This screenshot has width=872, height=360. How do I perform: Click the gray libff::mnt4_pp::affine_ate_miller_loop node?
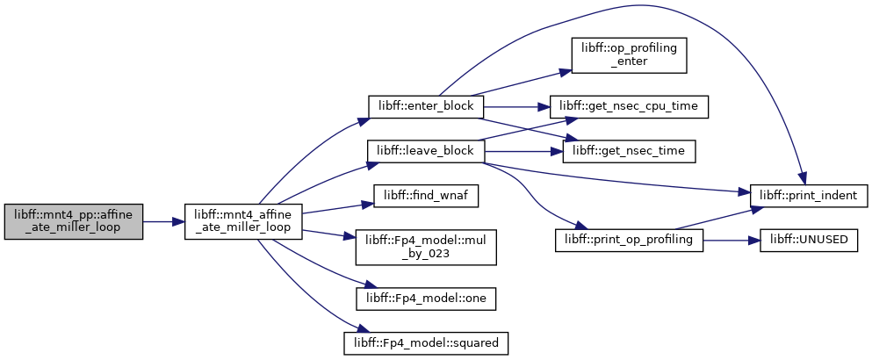tap(74, 221)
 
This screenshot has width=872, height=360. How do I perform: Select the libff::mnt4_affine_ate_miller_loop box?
tap(243, 221)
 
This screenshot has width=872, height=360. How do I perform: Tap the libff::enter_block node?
tap(426, 106)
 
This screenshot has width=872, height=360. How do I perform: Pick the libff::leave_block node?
tap(426, 151)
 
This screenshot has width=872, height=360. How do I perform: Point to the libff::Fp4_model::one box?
tap(426, 299)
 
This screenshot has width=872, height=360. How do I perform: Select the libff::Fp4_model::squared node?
tap(426, 343)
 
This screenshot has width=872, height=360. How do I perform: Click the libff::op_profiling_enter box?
tap(629, 55)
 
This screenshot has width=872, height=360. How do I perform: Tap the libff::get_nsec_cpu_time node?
tap(629, 106)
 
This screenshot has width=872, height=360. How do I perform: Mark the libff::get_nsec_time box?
tap(629, 151)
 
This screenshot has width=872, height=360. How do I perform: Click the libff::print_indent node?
tap(809, 196)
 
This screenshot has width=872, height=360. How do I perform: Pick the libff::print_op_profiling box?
tap(629, 241)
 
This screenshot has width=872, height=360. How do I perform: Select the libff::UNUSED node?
tap(809, 241)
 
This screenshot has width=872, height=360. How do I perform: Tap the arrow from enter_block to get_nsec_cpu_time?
tap(517, 106)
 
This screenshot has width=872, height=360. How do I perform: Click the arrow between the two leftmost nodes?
tap(163, 221)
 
